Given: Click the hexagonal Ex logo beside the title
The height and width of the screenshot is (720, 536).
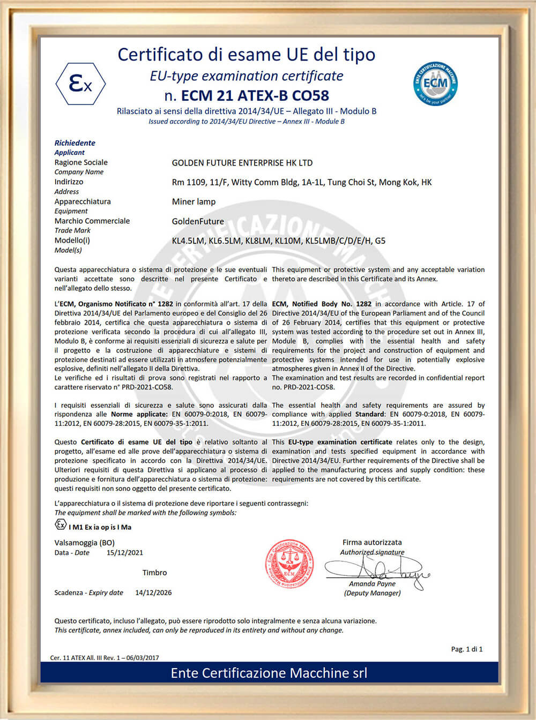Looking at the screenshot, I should click(x=80, y=84).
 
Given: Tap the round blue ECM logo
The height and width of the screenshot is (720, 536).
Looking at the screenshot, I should click(x=435, y=84).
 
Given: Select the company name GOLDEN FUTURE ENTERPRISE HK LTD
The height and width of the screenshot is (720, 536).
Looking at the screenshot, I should click(x=242, y=163).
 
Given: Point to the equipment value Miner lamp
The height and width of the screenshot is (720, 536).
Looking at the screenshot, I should click(x=193, y=202).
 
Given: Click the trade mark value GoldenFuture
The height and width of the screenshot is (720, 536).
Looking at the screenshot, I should click(x=198, y=221).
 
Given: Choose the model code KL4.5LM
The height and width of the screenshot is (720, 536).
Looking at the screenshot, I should click(x=188, y=241).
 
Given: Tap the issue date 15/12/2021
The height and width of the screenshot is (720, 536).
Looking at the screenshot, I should click(x=125, y=553).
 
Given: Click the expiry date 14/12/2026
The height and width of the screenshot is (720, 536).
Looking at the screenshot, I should click(x=153, y=592).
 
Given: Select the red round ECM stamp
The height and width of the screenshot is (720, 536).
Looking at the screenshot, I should click(x=289, y=564).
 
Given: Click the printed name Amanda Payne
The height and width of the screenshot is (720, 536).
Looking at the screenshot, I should click(x=372, y=584).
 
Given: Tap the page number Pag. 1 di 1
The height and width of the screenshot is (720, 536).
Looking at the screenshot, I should click(x=466, y=649).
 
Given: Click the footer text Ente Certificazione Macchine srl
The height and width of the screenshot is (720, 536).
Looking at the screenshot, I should click(x=269, y=673).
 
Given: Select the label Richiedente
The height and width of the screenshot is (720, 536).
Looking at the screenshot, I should click(x=75, y=143).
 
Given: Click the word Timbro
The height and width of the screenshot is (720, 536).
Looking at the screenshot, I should click(x=154, y=573).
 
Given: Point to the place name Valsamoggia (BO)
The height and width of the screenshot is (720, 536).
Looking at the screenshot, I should click(x=84, y=543).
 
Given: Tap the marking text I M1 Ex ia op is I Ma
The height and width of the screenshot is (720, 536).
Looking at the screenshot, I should click(x=100, y=527).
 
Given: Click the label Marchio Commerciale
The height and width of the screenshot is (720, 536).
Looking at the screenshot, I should click(x=92, y=221).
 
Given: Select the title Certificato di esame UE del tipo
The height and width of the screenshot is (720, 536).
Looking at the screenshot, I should click(x=247, y=55).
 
